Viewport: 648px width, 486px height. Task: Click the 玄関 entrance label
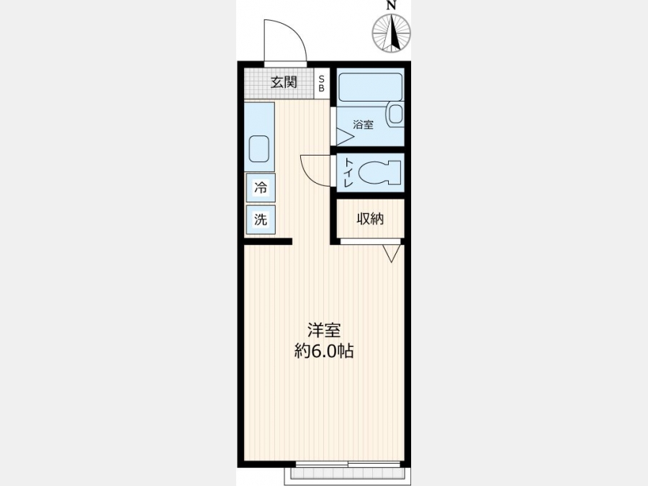point(284,82)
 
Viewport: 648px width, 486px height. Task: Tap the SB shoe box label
point(322,83)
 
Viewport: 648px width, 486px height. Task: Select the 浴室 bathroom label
point(364,125)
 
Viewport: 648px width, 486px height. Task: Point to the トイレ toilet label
point(348,172)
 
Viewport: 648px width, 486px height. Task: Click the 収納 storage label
point(370,219)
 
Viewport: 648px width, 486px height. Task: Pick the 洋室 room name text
point(324,330)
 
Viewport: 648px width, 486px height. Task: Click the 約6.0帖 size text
point(324,351)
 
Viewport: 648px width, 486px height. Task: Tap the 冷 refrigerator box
point(261,188)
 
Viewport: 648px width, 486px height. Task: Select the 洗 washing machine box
point(261,220)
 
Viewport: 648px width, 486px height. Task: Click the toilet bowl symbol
point(379,172)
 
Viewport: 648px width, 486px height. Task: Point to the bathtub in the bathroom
point(370,87)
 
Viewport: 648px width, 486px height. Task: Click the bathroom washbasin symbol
point(395,114)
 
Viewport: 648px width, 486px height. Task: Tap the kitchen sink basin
point(259,149)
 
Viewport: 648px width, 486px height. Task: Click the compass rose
point(392,33)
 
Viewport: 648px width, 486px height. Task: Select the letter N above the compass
point(392,5)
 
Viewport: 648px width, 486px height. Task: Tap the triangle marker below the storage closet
point(392,253)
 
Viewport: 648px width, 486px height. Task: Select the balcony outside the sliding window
point(347,477)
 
